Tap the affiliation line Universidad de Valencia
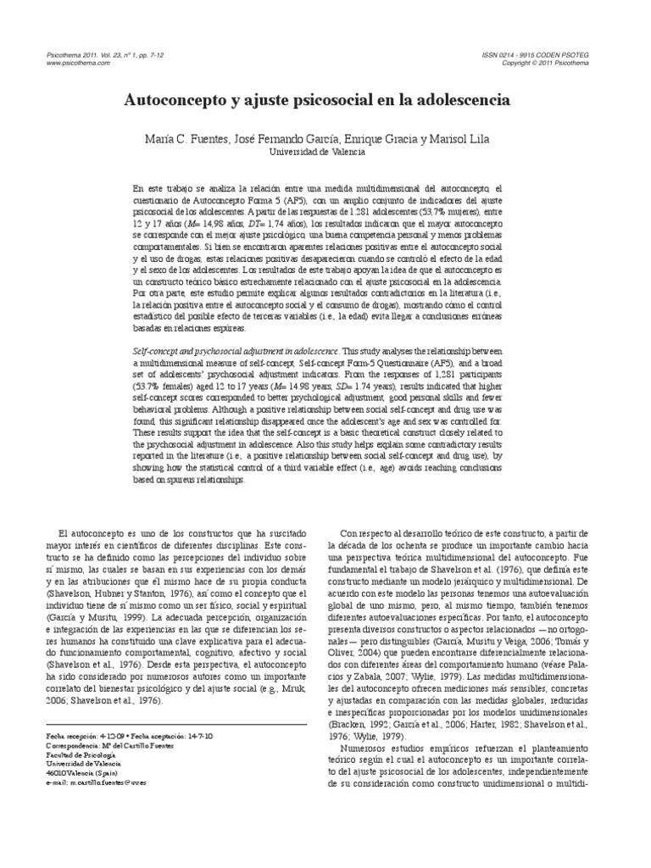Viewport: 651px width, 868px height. point(317,153)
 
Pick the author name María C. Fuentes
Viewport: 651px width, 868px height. point(181,138)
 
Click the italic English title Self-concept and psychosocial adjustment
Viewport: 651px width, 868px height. point(236,350)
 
